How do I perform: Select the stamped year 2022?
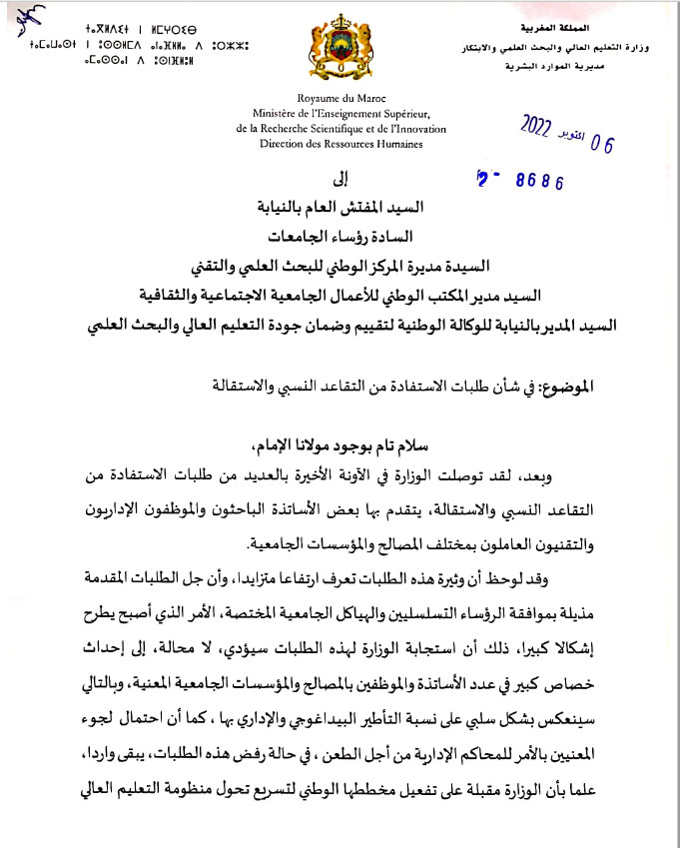pyautogui.click(x=545, y=124)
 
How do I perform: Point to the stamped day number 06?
pyautogui.click(x=602, y=143)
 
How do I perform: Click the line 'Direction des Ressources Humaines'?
pyautogui.click(x=340, y=144)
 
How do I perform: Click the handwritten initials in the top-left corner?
pyautogui.click(x=22, y=17)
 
